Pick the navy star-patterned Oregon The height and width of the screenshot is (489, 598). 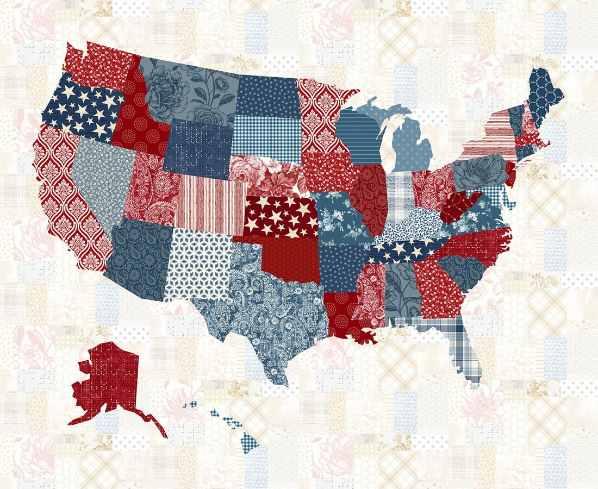click(x=82, y=111)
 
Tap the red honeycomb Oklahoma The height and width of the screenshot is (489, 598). click(x=288, y=258)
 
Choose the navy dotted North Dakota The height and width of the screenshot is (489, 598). click(x=266, y=95)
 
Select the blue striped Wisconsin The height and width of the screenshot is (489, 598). click(x=359, y=136)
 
